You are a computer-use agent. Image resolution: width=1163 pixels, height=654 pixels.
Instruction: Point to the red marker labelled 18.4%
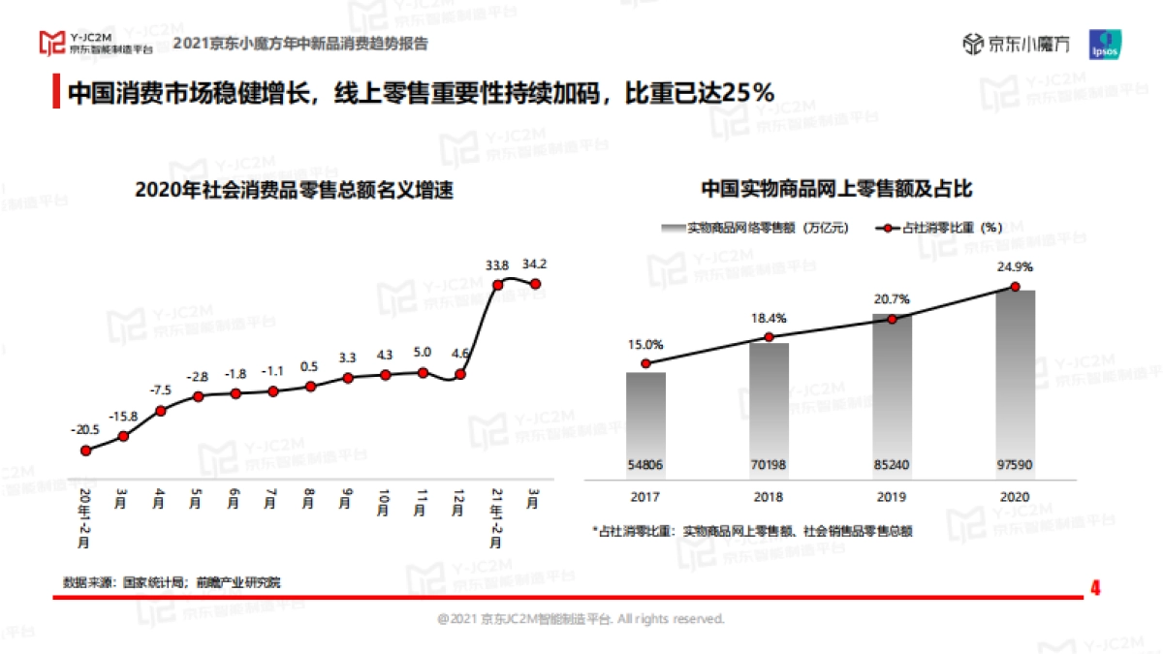(769, 337)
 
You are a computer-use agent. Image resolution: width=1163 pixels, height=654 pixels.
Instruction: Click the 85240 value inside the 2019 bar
(892, 465)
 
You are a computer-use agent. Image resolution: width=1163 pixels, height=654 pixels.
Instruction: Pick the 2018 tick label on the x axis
(769, 497)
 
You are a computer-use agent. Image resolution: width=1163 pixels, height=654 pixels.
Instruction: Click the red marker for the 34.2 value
(535, 284)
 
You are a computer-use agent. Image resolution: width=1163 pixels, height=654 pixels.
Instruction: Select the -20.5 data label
(85, 429)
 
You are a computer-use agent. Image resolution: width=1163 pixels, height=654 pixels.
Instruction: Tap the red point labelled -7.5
(161, 411)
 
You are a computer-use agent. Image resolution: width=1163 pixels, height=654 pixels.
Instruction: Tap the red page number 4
(1096, 588)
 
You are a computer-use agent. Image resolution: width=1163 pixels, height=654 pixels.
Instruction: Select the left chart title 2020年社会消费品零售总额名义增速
(295, 191)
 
